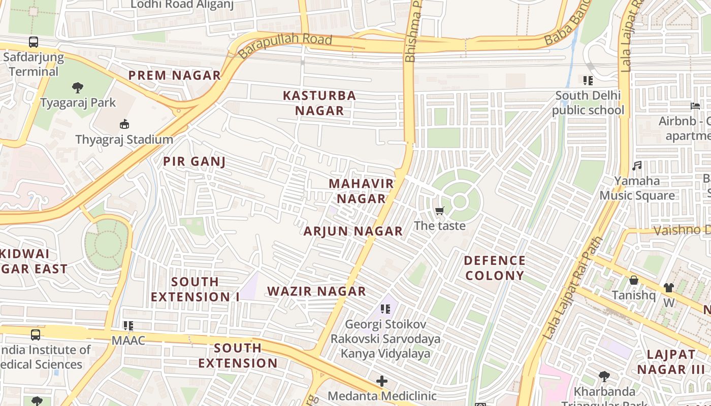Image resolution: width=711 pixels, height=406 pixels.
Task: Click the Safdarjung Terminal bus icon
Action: tap(34, 42)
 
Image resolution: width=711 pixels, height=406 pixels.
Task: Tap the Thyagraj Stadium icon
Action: tap(124, 124)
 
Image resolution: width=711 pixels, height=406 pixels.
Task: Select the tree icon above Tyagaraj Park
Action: tap(77, 88)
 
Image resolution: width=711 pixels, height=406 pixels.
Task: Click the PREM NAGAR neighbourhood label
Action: tap(174, 76)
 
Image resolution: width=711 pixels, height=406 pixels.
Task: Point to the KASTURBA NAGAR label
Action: tap(319, 103)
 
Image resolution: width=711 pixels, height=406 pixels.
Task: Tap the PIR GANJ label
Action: tap(194, 162)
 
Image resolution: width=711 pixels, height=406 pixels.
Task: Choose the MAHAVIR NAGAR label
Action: tap(361, 191)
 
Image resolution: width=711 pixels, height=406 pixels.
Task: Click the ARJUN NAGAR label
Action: tap(353, 231)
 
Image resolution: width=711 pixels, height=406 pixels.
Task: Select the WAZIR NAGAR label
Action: tap(316, 291)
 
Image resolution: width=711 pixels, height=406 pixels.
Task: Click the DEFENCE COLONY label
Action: tap(494, 268)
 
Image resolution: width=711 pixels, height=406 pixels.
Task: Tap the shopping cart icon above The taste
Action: tap(439, 211)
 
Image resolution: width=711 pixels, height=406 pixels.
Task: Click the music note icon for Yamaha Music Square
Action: tap(637, 165)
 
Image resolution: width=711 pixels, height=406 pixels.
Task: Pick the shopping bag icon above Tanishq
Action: tap(633, 280)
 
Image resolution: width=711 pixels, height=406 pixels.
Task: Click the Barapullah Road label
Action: tap(285, 46)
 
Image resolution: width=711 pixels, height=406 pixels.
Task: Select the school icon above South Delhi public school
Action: tap(588, 80)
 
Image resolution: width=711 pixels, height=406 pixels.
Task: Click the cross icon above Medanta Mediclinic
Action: tap(381, 381)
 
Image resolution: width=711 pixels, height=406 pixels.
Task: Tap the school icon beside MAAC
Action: tap(128, 325)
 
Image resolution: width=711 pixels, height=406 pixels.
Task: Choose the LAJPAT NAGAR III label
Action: tap(671, 362)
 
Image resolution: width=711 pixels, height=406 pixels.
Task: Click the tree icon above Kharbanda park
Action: tap(604, 376)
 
